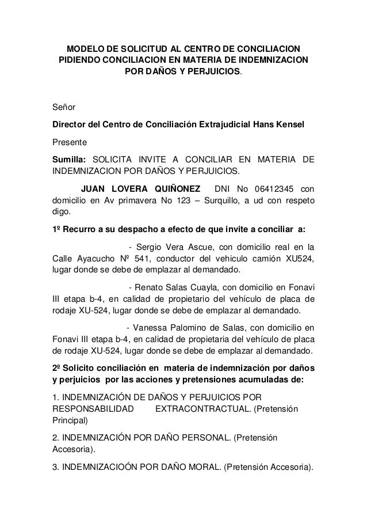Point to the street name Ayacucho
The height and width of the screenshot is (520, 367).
click(95, 259)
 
